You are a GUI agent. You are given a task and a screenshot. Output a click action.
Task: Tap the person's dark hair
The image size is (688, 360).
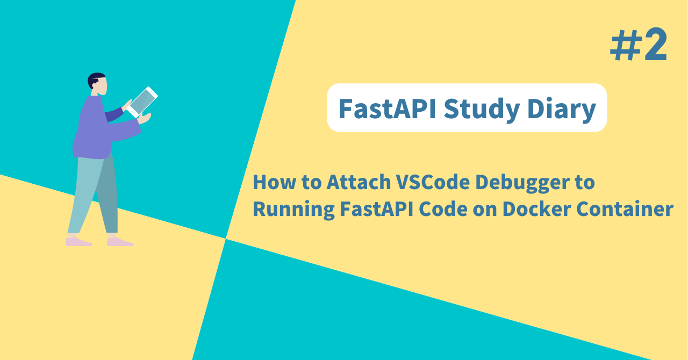click(x=95, y=79)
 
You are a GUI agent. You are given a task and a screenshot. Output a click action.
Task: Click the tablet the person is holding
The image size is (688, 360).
click(x=143, y=102)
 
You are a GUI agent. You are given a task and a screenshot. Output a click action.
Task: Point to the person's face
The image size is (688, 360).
click(x=100, y=86)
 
